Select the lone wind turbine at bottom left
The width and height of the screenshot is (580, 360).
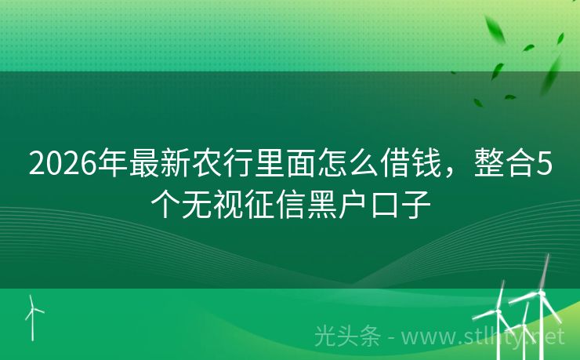[33, 315]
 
